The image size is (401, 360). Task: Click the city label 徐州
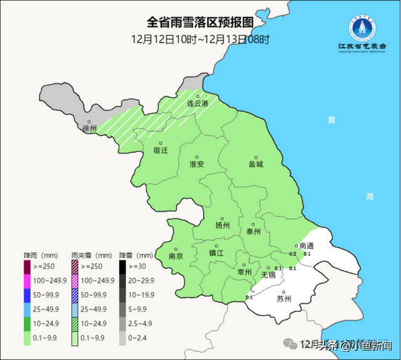click(x=90, y=129)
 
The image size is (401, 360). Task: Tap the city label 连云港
click(x=198, y=103)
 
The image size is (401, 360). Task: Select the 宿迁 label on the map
click(x=161, y=151)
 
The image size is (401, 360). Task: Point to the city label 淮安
click(x=197, y=164)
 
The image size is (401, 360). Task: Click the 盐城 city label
click(x=255, y=164)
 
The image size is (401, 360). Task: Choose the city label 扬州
click(x=222, y=225)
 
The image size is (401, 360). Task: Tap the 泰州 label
click(x=253, y=231)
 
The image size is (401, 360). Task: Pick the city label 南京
click(x=176, y=256)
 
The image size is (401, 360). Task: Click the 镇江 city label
click(x=216, y=253)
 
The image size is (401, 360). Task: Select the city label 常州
click(x=244, y=272)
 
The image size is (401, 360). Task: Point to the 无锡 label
click(x=268, y=275)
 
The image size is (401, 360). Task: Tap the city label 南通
click(x=307, y=245)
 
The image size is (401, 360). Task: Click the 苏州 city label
click(x=284, y=299)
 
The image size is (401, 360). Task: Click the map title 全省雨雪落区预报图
click(x=200, y=22)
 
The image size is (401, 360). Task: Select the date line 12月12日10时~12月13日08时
click(x=200, y=39)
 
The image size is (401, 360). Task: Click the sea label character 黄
click(x=331, y=120)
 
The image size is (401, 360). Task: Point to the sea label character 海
click(x=370, y=197)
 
